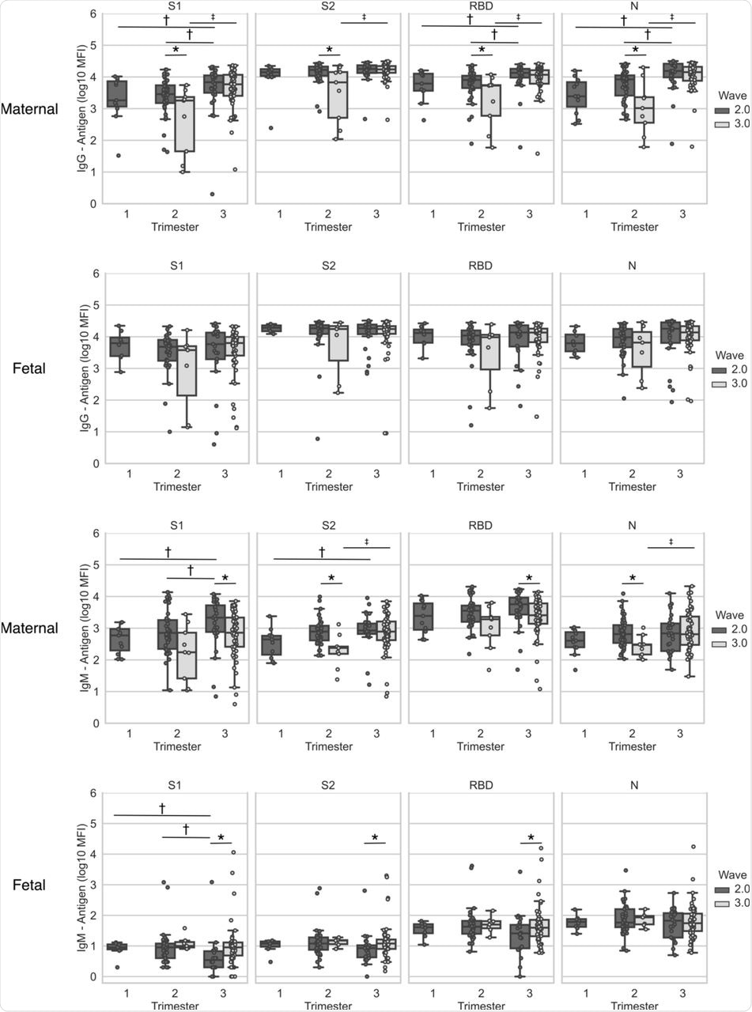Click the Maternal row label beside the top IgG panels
click(29, 109)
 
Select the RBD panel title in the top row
click(480, 6)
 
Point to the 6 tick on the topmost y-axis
click(93, 14)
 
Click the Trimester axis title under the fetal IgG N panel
click(633, 487)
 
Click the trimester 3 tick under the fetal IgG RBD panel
click(527, 474)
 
